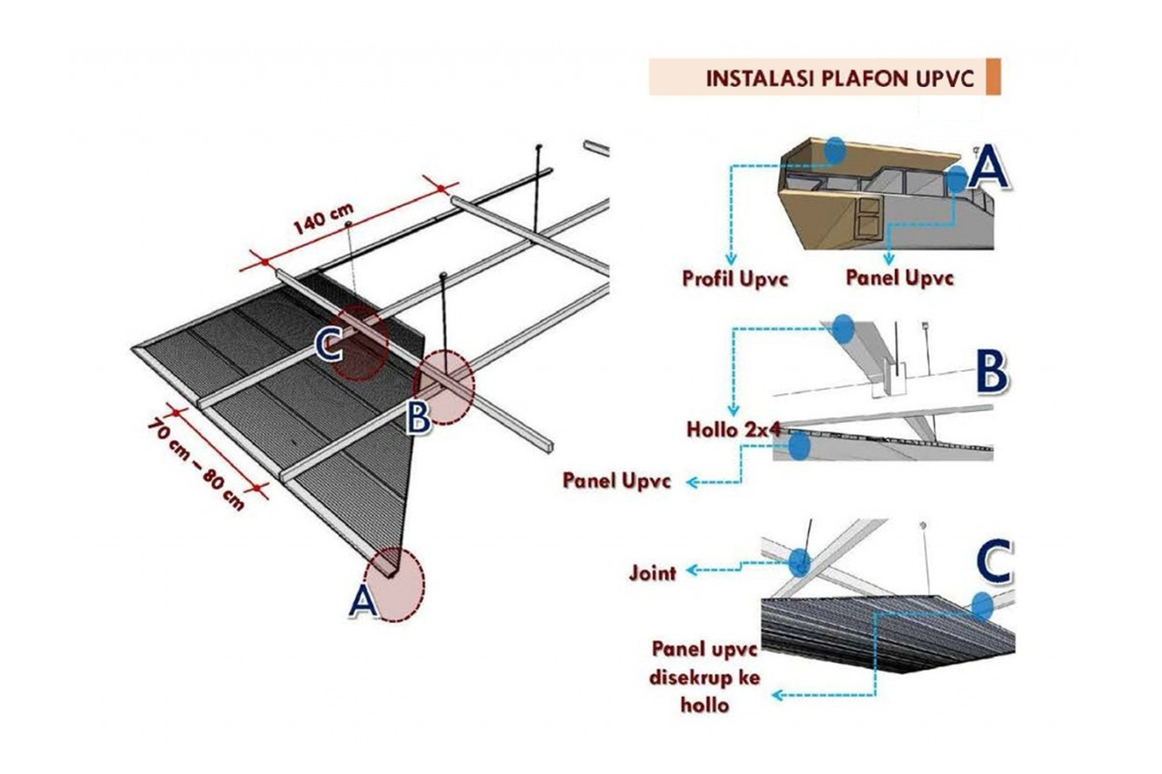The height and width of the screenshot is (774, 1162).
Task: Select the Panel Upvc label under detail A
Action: pyautogui.click(x=899, y=277)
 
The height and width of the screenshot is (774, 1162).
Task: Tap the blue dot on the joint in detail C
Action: pyautogui.click(x=799, y=562)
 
